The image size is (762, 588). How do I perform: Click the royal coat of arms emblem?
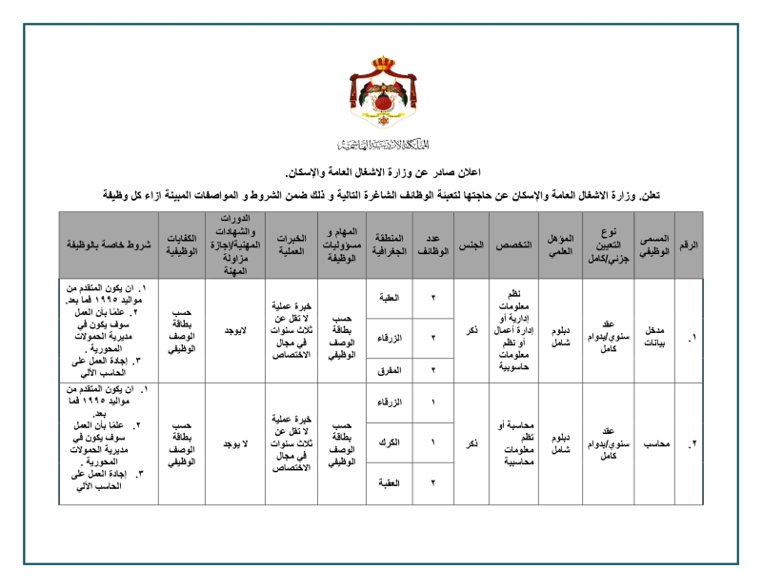(x=381, y=94)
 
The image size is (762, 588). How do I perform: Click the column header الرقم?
(x=689, y=245)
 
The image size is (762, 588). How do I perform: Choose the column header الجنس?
(x=471, y=245)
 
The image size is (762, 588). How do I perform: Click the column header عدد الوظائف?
(x=433, y=245)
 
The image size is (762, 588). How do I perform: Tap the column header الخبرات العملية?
(x=290, y=245)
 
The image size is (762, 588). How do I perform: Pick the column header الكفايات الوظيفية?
(x=181, y=245)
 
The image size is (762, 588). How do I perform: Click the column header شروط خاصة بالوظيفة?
(x=109, y=245)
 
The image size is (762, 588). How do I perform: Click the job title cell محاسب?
(x=653, y=443)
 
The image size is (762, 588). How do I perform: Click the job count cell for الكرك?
(x=433, y=442)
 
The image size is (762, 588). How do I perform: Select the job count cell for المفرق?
(x=433, y=369)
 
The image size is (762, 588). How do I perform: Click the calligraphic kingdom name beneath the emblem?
(x=381, y=145)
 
